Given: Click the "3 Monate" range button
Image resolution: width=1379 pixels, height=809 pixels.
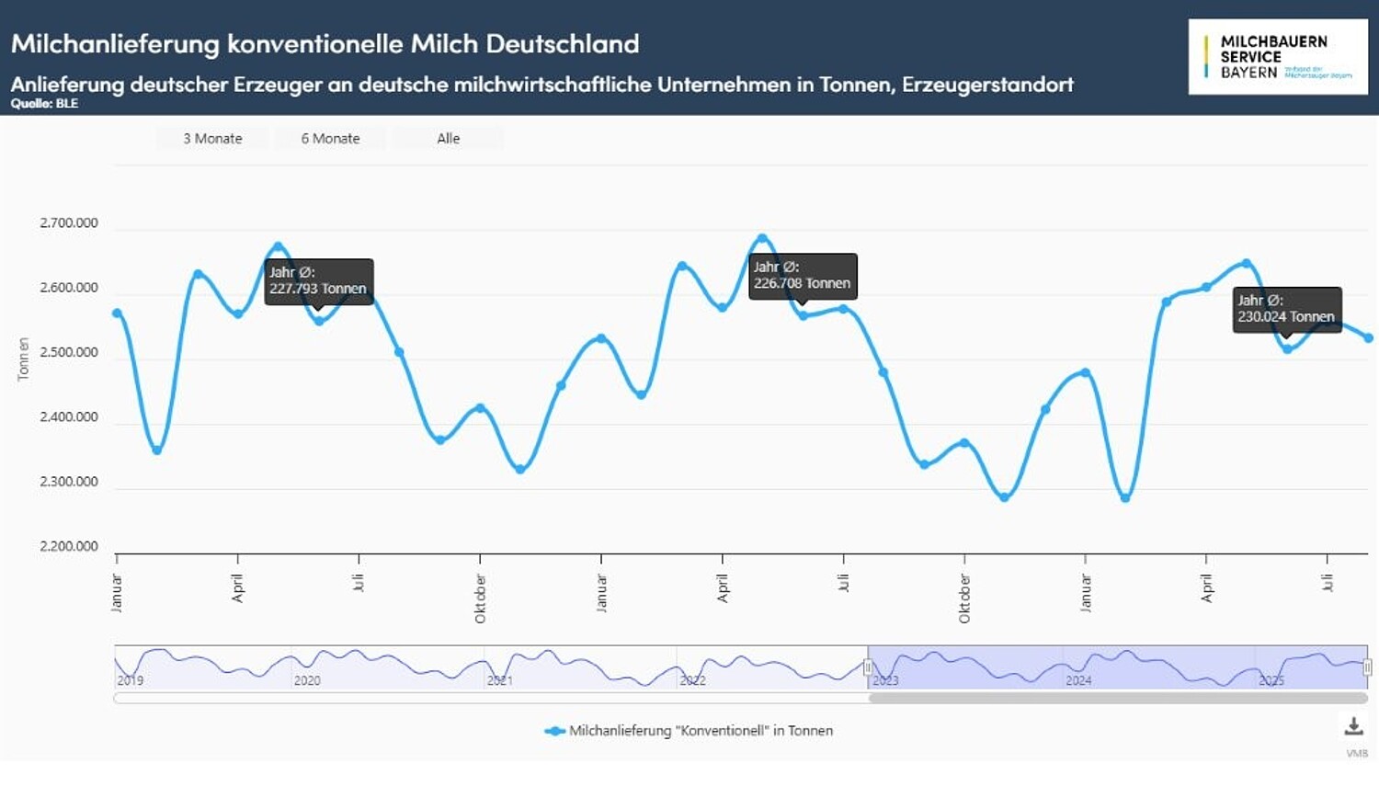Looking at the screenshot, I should pyautogui.click(x=212, y=139).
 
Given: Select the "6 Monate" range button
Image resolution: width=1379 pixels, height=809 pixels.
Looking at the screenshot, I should pyautogui.click(x=330, y=139).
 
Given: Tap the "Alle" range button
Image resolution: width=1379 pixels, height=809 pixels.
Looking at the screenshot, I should pyautogui.click(x=448, y=139).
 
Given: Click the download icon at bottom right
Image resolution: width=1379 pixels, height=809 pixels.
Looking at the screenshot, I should pyautogui.click(x=1353, y=726).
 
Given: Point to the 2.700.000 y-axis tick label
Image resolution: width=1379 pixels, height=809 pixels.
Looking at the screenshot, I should pyautogui.click(x=69, y=223).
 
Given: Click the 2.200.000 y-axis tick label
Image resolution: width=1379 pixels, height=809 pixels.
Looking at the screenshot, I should pyautogui.click(x=69, y=546).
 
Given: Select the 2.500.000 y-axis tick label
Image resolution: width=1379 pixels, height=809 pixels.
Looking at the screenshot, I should pyautogui.click(x=69, y=352).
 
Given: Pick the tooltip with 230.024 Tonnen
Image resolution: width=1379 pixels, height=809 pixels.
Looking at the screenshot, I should pyautogui.click(x=1286, y=309).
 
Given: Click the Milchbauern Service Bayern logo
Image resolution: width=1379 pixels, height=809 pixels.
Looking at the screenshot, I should pyautogui.click(x=1277, y=57).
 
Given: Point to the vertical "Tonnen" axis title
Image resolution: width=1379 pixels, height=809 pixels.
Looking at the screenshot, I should pyautogui.click(x=24, y=359).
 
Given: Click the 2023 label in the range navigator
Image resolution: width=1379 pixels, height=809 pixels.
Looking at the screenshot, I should pyautogui.click(x=885, y=680).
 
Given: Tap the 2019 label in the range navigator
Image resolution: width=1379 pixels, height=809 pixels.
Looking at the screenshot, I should pyautogui.click(x=131, y=680).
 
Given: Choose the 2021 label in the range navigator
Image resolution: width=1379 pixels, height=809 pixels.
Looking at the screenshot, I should pyautogui.click(x=500, y=680).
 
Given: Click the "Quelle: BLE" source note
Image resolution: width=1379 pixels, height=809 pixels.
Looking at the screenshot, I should pyautogui.click(x=44, y=104).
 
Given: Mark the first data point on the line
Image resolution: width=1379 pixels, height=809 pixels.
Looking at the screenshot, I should pyautogui.click(x=117, y=313).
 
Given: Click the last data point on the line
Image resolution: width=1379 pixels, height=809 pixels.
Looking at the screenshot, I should pyautogui.click(x=1369, y=338).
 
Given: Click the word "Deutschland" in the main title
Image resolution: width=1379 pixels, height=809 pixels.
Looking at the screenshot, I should pyautogui.click(x=562, y=43).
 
